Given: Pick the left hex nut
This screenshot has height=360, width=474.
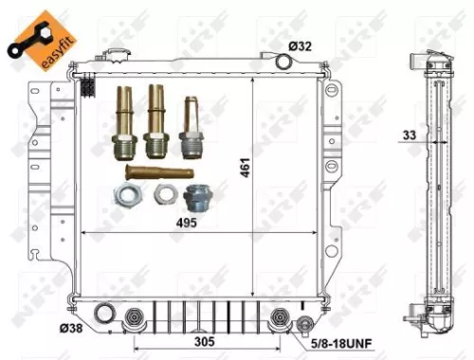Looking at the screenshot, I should [x=124, y=196].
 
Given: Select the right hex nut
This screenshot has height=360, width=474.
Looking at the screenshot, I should [x=162, y=196].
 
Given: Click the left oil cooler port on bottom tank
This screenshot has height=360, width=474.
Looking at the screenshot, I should [x=134, y=316].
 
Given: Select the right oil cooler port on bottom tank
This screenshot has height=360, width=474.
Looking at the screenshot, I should [x=279, y=316].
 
